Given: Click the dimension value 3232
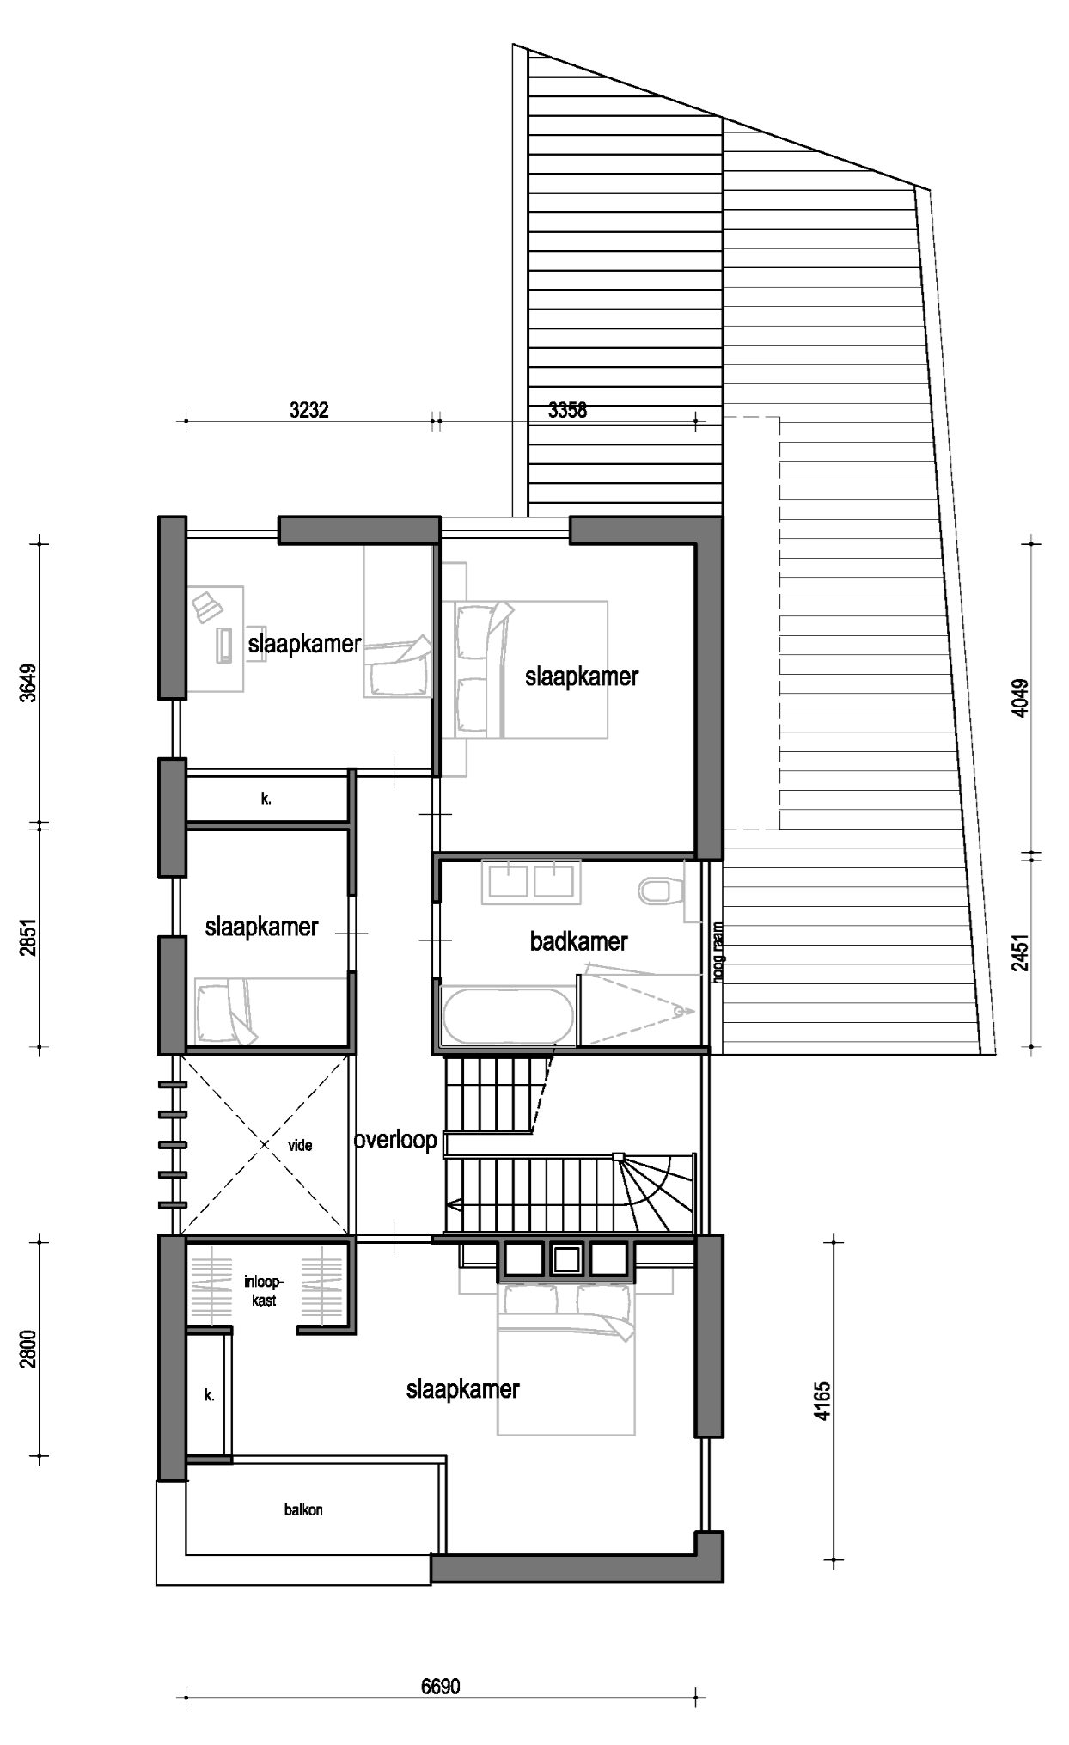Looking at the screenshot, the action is click(308, 410).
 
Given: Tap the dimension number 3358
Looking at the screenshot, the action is click(567, 410).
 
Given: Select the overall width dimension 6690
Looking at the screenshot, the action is click(440, 1687).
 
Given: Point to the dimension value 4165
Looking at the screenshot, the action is click(822, 1400).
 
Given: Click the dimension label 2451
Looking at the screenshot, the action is click(1020, 952).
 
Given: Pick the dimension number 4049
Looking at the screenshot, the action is click(1020, 698).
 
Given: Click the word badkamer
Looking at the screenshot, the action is click(578, 941).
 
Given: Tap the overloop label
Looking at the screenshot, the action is click(395, 1140).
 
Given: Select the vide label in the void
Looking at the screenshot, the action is click(300, 1145).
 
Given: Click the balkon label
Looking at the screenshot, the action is click(303, 1509).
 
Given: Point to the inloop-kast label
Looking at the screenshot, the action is click(264, 1291).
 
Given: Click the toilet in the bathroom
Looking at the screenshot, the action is click(660, 890).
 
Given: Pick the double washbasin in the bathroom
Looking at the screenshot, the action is click(530, 881).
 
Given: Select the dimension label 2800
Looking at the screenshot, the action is click(28, 1350).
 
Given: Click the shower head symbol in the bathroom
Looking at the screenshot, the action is click(683, 1011).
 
